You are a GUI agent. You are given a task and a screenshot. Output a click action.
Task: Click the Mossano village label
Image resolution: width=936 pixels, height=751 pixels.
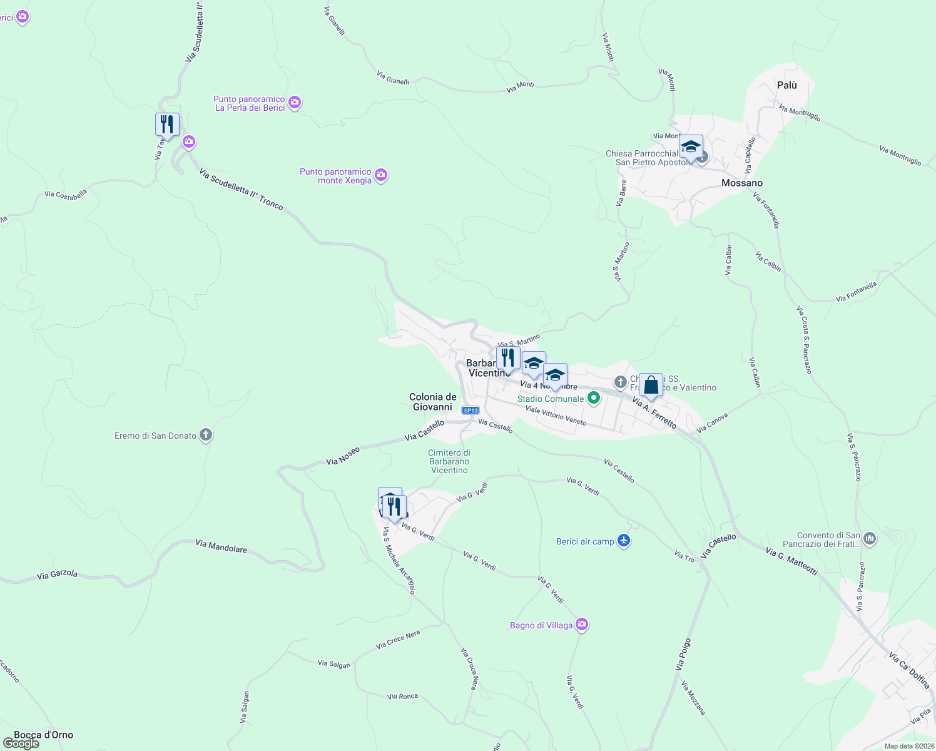click(x=741, y=183)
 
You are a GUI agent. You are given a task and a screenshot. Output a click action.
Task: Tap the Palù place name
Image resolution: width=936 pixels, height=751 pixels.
click(x=786, y=85)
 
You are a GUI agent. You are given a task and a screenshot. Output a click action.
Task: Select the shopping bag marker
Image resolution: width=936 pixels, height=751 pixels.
click(x=651, y=386)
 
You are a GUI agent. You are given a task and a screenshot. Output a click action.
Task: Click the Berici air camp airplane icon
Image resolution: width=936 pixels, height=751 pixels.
click(x=623, y=541)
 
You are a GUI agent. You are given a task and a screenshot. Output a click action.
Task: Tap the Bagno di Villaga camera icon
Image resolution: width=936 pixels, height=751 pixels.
click(x=582, y=625)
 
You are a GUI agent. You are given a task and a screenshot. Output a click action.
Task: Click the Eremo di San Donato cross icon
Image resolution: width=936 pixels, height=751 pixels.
click(x=206, y=436)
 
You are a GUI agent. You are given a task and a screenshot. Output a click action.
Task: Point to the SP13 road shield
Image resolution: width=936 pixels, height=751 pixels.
click(x=471, y=411)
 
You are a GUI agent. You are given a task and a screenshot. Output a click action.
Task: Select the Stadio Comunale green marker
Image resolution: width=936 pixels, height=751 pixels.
click(x=594, y=398)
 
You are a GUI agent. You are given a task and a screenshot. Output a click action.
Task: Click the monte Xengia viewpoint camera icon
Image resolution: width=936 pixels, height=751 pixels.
click(x=381, y=175)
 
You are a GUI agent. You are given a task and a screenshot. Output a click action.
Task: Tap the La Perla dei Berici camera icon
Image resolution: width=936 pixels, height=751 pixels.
click(x=295, y=103)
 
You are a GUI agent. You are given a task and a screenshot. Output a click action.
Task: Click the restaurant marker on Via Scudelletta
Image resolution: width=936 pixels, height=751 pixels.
click(x=167, y=124)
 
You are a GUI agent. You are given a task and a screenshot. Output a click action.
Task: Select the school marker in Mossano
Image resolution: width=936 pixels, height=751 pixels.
click(x=691, y=146)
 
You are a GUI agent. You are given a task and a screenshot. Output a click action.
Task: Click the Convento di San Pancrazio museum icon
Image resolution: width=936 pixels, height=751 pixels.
click(x=870, y=538)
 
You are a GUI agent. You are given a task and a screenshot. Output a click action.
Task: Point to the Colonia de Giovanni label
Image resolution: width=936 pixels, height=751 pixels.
click(x=432, y=402)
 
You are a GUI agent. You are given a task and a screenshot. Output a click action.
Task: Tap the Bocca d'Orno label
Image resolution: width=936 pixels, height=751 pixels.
click(x=44, y=735)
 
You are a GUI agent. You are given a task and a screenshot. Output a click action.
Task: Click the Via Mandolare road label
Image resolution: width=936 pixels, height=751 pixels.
click(x=221, y=546)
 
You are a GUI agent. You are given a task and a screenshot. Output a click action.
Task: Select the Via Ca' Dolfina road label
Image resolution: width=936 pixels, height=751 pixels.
click(x=910, y=670)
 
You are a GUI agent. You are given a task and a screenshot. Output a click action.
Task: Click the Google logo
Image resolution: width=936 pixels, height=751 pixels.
click(x=21, y=743)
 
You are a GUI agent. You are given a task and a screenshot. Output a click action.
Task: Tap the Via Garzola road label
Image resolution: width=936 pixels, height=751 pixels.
click(x=57, y=575)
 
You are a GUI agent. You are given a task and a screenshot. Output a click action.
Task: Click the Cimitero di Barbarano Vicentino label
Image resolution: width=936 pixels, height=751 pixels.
click(x=449, y=461)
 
